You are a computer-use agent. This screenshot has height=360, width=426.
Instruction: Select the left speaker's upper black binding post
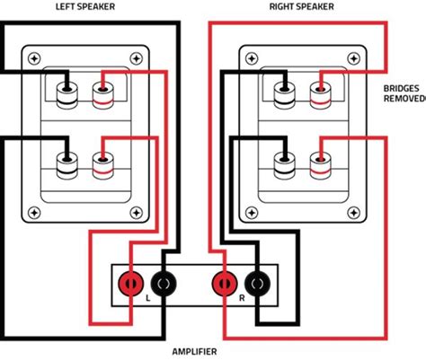point(67,94)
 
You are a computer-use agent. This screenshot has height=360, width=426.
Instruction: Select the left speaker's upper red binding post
point(100,93)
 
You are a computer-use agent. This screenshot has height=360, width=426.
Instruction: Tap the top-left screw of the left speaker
point(34,58)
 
